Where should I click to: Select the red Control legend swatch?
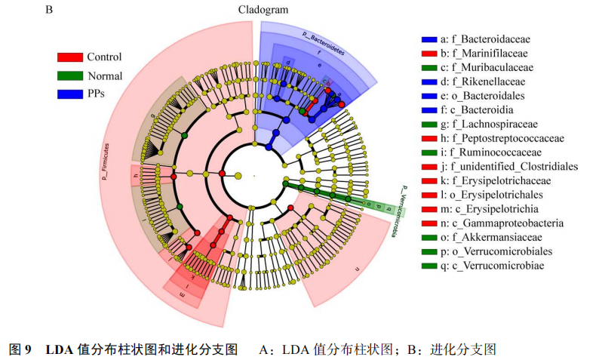pos(70,57)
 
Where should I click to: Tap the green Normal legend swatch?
pos(70,75)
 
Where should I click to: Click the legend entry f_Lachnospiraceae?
pos(488,124)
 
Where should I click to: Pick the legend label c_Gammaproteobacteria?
pos(502,223)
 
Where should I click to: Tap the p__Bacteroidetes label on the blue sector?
pos(324,43)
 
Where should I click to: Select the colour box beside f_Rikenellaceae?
pos(428,82)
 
